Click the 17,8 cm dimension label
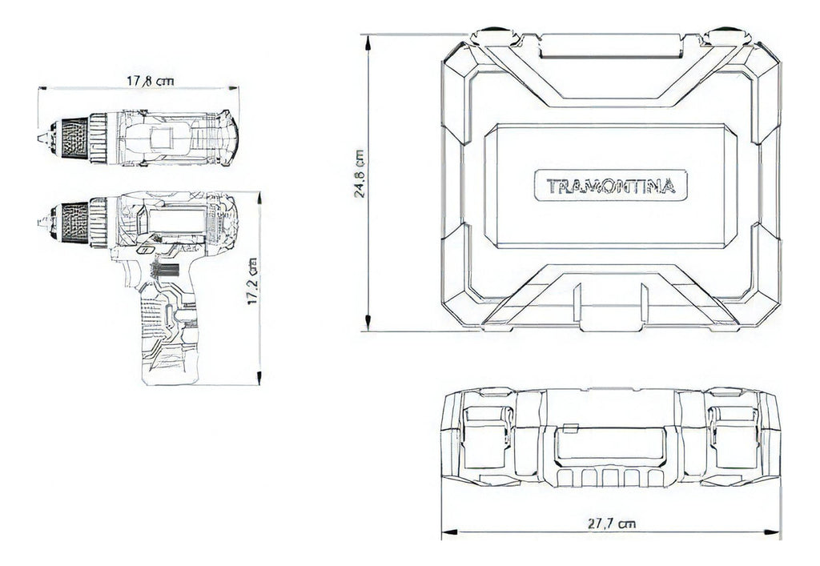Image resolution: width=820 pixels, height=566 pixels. point(150,81)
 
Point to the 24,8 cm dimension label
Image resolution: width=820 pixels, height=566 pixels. point(360,174)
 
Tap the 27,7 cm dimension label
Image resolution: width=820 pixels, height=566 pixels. point(611,523)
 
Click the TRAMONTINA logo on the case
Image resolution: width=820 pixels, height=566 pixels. point(610,186)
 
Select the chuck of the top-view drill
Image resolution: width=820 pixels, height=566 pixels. point(74,138)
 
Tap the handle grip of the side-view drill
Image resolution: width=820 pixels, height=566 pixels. point(169,335)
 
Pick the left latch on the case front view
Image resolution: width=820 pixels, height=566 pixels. point(485,438)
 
